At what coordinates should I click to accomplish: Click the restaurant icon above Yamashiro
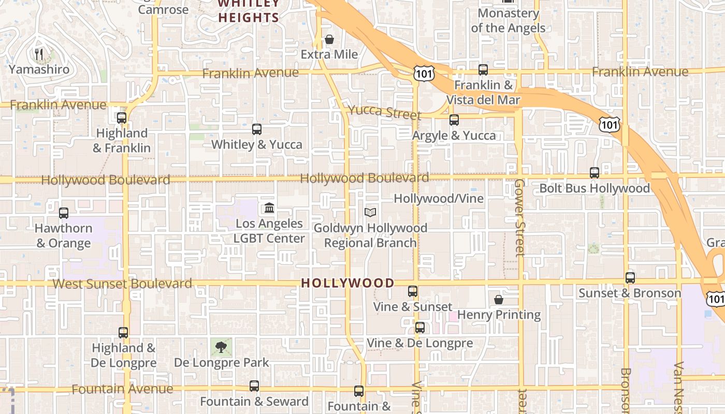38,53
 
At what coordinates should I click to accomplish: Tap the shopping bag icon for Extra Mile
329,39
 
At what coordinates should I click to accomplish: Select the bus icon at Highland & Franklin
122,118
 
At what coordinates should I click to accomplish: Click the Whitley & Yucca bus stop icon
256,129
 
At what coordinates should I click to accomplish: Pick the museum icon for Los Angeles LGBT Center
269,208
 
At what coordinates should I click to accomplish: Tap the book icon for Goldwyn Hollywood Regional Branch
370,212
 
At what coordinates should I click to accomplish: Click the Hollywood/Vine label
438,199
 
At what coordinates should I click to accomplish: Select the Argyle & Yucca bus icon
454,120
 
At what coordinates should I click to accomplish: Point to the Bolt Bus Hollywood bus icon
594,173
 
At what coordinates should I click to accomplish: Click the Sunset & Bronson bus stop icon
630,278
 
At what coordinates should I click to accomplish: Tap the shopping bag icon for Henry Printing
498,300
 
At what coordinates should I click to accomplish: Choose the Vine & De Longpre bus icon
419,328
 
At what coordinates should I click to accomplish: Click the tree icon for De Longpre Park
221,347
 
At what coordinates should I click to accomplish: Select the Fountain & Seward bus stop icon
254,386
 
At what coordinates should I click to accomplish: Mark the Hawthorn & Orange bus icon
63,213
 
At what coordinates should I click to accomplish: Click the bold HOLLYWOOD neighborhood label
347,283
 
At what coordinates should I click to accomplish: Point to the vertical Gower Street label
520,218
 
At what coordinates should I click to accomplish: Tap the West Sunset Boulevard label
122,284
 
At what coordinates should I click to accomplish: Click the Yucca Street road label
384,111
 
